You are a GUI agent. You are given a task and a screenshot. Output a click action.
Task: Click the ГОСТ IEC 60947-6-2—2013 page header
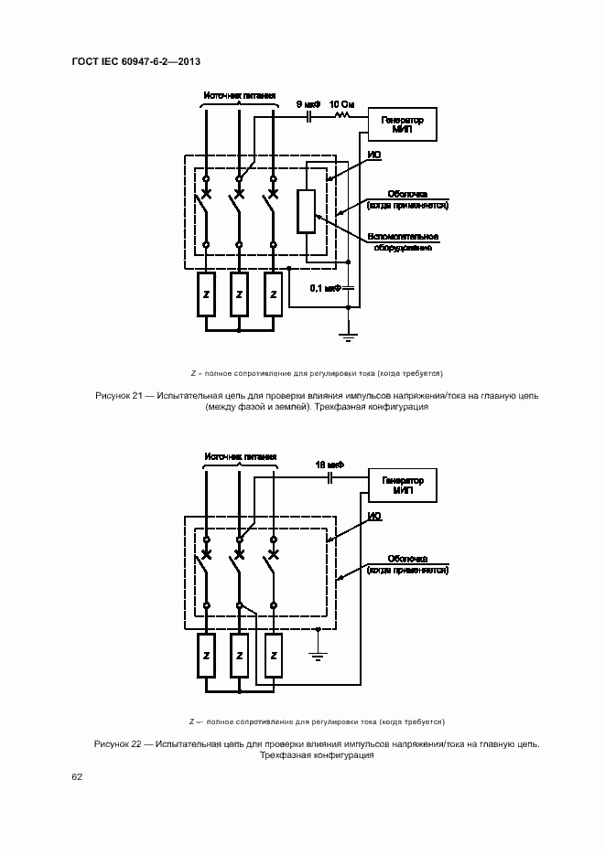pos(135,61)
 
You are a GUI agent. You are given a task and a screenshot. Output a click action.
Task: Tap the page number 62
pos(77,777)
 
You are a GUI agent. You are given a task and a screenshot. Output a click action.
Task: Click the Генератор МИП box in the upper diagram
pos(402,123)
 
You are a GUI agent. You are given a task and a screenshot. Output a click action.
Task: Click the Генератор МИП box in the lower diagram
pos(402,484)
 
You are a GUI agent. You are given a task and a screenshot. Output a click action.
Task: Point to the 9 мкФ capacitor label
pos(308,105)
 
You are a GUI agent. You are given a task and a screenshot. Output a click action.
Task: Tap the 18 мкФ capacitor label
pos(327,465)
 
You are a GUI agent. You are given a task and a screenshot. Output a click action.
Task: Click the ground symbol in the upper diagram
pos(348,337)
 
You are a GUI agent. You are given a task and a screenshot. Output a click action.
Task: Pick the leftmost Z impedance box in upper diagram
pos(207,294)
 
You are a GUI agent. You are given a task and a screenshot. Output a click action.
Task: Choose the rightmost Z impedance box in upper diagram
pos(272,294)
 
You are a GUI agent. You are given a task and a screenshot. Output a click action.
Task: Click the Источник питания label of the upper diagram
pos(241,95)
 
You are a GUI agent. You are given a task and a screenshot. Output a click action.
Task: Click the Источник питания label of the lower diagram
pos(241,456)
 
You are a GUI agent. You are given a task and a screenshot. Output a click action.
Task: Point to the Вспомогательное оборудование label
pos(403,242)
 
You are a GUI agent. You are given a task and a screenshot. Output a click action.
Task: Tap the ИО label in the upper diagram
pos(373,155)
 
